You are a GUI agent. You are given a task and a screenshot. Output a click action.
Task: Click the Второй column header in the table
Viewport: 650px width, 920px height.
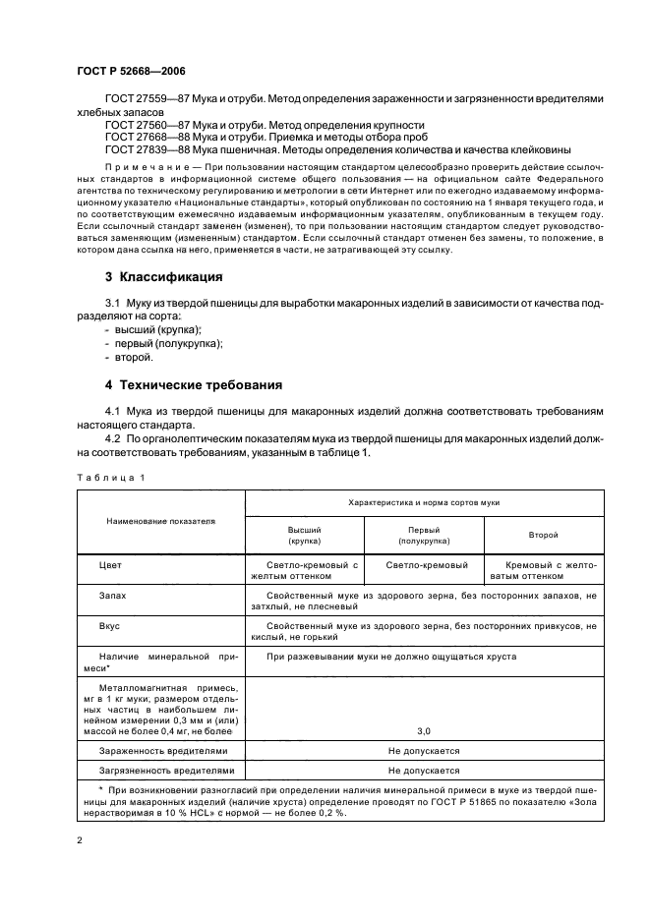click(x=543, y=535)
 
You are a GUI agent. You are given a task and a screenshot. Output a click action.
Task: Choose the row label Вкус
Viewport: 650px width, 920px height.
click(x=109, y=625)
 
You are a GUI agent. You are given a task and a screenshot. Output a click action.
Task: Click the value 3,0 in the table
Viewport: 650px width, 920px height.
click(x=423, y=731)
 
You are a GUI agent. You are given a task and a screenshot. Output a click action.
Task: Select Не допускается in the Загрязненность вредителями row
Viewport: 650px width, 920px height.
click(x=423, y=771)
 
